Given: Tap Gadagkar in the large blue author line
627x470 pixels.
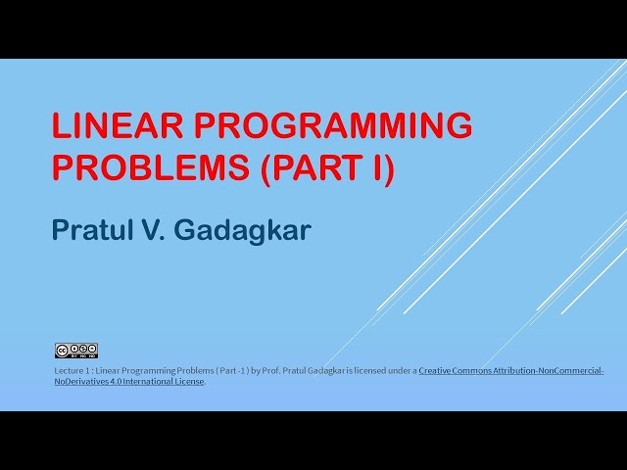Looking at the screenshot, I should tap(258, 232).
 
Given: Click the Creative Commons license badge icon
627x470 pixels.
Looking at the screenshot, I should tap(75, 350).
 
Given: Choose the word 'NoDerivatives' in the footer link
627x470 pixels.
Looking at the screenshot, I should tap(83, 381).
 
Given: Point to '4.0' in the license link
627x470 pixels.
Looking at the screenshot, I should tap(120, 381).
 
